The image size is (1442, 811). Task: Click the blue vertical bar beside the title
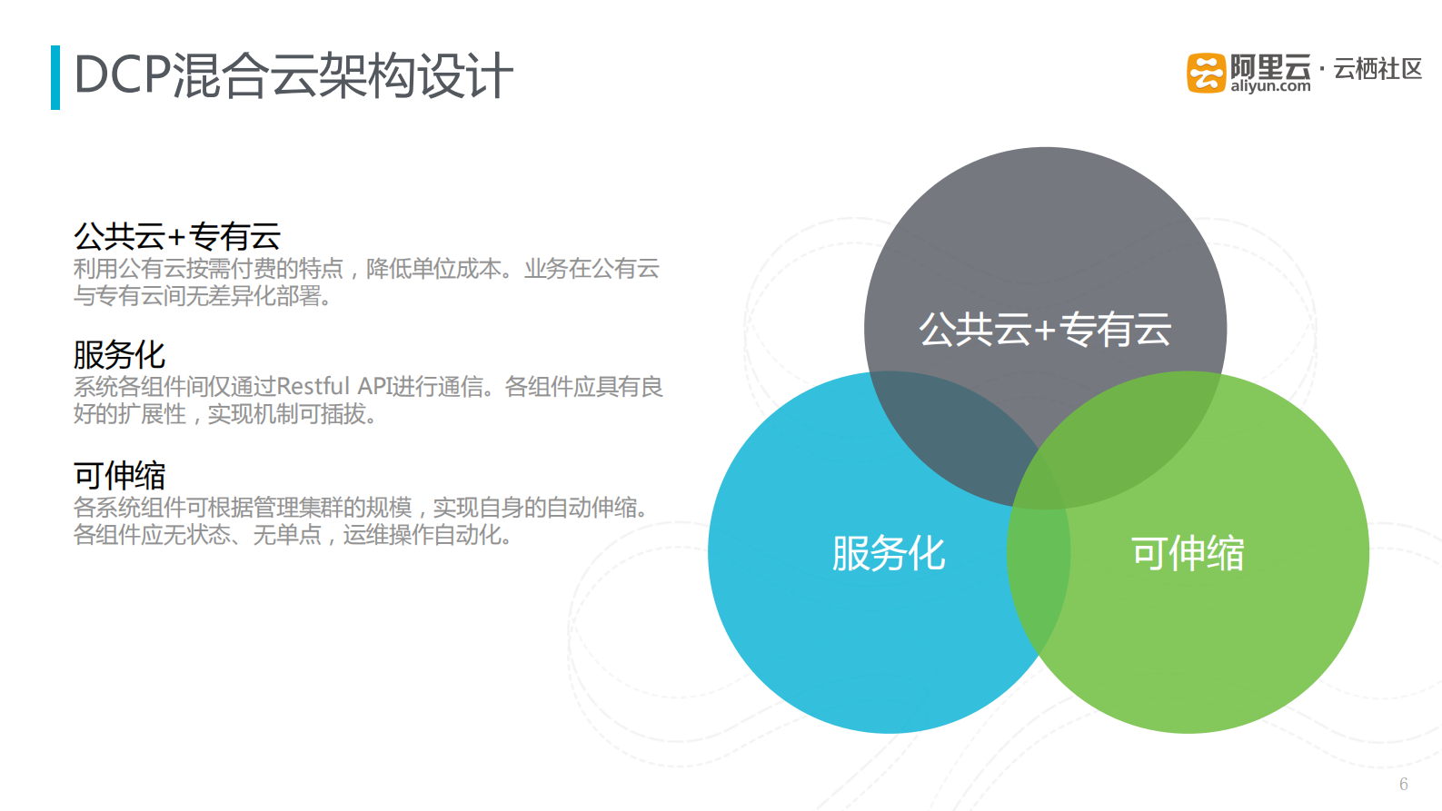(x=55, y=77)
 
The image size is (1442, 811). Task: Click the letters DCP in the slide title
(x=122, y=75)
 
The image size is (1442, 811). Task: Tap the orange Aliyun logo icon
(x=1206, y=73)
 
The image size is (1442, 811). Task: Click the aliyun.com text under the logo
(x=1270, y=86)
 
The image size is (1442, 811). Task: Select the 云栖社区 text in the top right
(x=1377, y=69)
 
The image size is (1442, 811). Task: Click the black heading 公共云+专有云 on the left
(x=177, y=237)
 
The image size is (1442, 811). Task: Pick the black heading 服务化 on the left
(x=119, y=355)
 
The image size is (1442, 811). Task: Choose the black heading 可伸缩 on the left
(x=119, y=475)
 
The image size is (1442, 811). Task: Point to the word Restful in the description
(x=313, y=387)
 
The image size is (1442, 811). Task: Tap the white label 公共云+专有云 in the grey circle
(x=1045, y=330)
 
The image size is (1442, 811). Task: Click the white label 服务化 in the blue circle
(x=889, y=553)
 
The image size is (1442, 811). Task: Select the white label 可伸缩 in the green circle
(x=1187, y=553)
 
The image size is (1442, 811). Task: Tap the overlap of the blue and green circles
(x=1039, y=563)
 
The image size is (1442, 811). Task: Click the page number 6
(x=1403, y=785)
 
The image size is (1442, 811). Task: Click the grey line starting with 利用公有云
(x=366, y=269)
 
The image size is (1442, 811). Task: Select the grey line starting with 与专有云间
(x=202, y=296)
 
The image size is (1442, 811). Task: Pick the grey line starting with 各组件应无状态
(x=292, y=535)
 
